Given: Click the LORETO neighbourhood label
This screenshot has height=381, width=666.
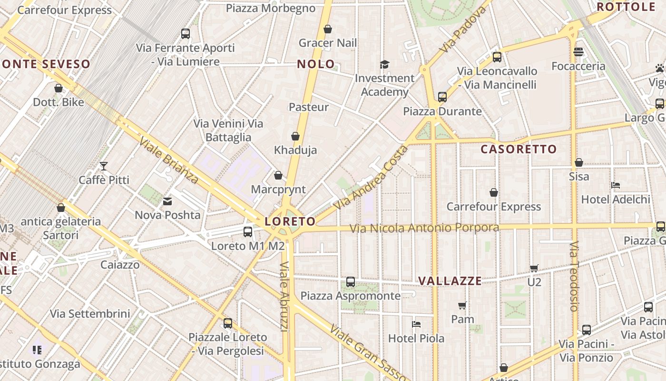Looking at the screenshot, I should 290,221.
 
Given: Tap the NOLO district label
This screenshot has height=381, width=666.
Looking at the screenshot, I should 316,64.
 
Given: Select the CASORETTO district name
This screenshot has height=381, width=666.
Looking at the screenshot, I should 519,149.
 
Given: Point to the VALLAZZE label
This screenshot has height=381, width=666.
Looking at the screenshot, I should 450,281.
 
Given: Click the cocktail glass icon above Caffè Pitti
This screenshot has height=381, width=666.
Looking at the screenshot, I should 104,166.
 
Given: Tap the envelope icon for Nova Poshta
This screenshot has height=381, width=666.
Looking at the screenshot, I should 167,201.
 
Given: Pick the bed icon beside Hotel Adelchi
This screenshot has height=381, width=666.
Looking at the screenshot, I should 616,185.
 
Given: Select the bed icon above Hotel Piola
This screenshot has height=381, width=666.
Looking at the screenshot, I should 416,324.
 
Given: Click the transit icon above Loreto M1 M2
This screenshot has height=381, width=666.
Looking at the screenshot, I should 248,232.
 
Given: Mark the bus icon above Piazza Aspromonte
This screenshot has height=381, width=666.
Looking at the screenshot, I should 351,282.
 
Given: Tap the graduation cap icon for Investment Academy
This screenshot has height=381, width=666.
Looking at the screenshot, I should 384,64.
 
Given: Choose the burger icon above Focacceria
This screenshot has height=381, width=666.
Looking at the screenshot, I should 578,52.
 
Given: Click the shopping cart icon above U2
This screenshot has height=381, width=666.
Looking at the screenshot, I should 534,268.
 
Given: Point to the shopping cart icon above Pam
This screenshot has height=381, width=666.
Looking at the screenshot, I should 462,305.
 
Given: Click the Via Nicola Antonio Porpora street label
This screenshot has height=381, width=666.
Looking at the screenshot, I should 424,228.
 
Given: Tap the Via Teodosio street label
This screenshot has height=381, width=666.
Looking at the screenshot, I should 574,276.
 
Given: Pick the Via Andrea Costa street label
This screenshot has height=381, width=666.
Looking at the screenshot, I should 371,178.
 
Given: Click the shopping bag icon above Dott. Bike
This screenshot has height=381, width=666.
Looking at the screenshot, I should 59,89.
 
